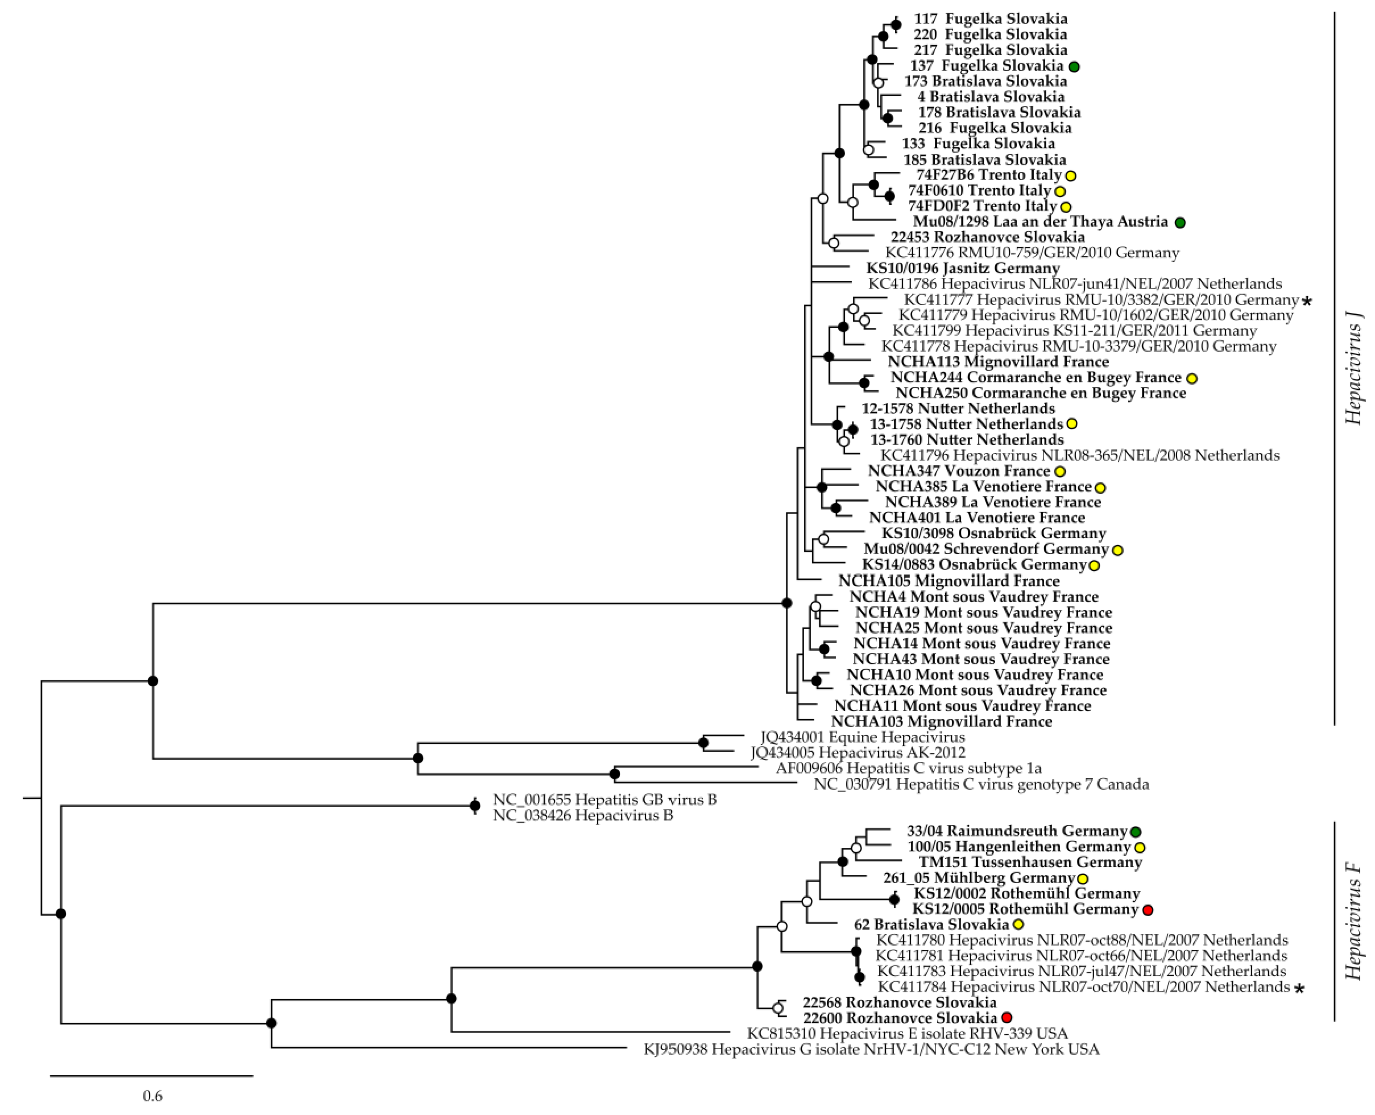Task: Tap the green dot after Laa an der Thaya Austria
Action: pos(1180,222)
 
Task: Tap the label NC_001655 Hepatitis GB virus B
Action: pos(605,800)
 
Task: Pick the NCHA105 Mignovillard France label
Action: pos(949,581)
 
